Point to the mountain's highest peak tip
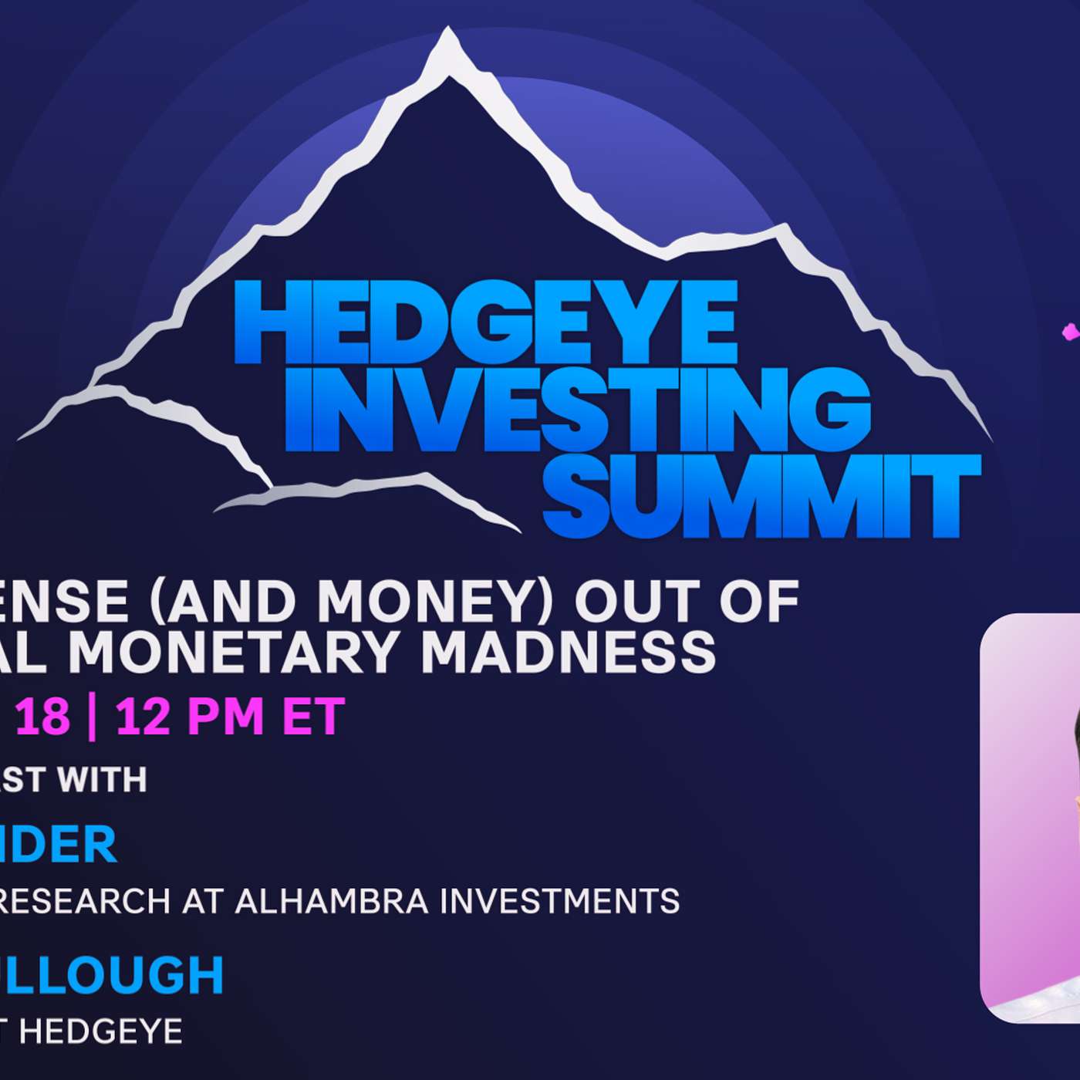447,35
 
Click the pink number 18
43,717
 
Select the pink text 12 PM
190,717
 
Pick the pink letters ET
313,717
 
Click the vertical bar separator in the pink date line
93,717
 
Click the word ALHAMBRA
332,901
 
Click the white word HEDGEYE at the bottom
100,1031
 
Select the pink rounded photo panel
1030,818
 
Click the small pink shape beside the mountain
1071,332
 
